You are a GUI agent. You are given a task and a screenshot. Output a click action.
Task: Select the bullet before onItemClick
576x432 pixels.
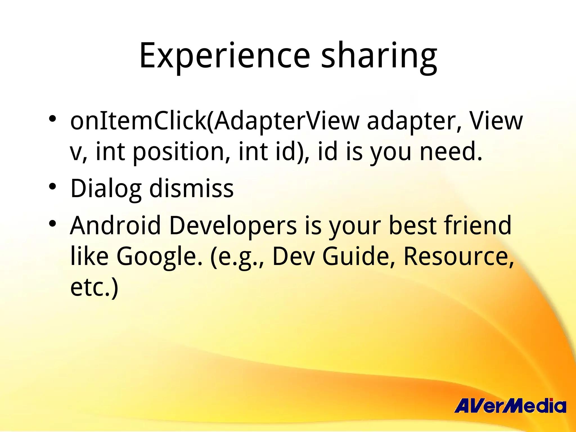pos(52,118)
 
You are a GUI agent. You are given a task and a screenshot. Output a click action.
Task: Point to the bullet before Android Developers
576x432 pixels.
pos(52,223)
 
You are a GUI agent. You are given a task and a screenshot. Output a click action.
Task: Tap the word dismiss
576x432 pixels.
pos(191,188)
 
